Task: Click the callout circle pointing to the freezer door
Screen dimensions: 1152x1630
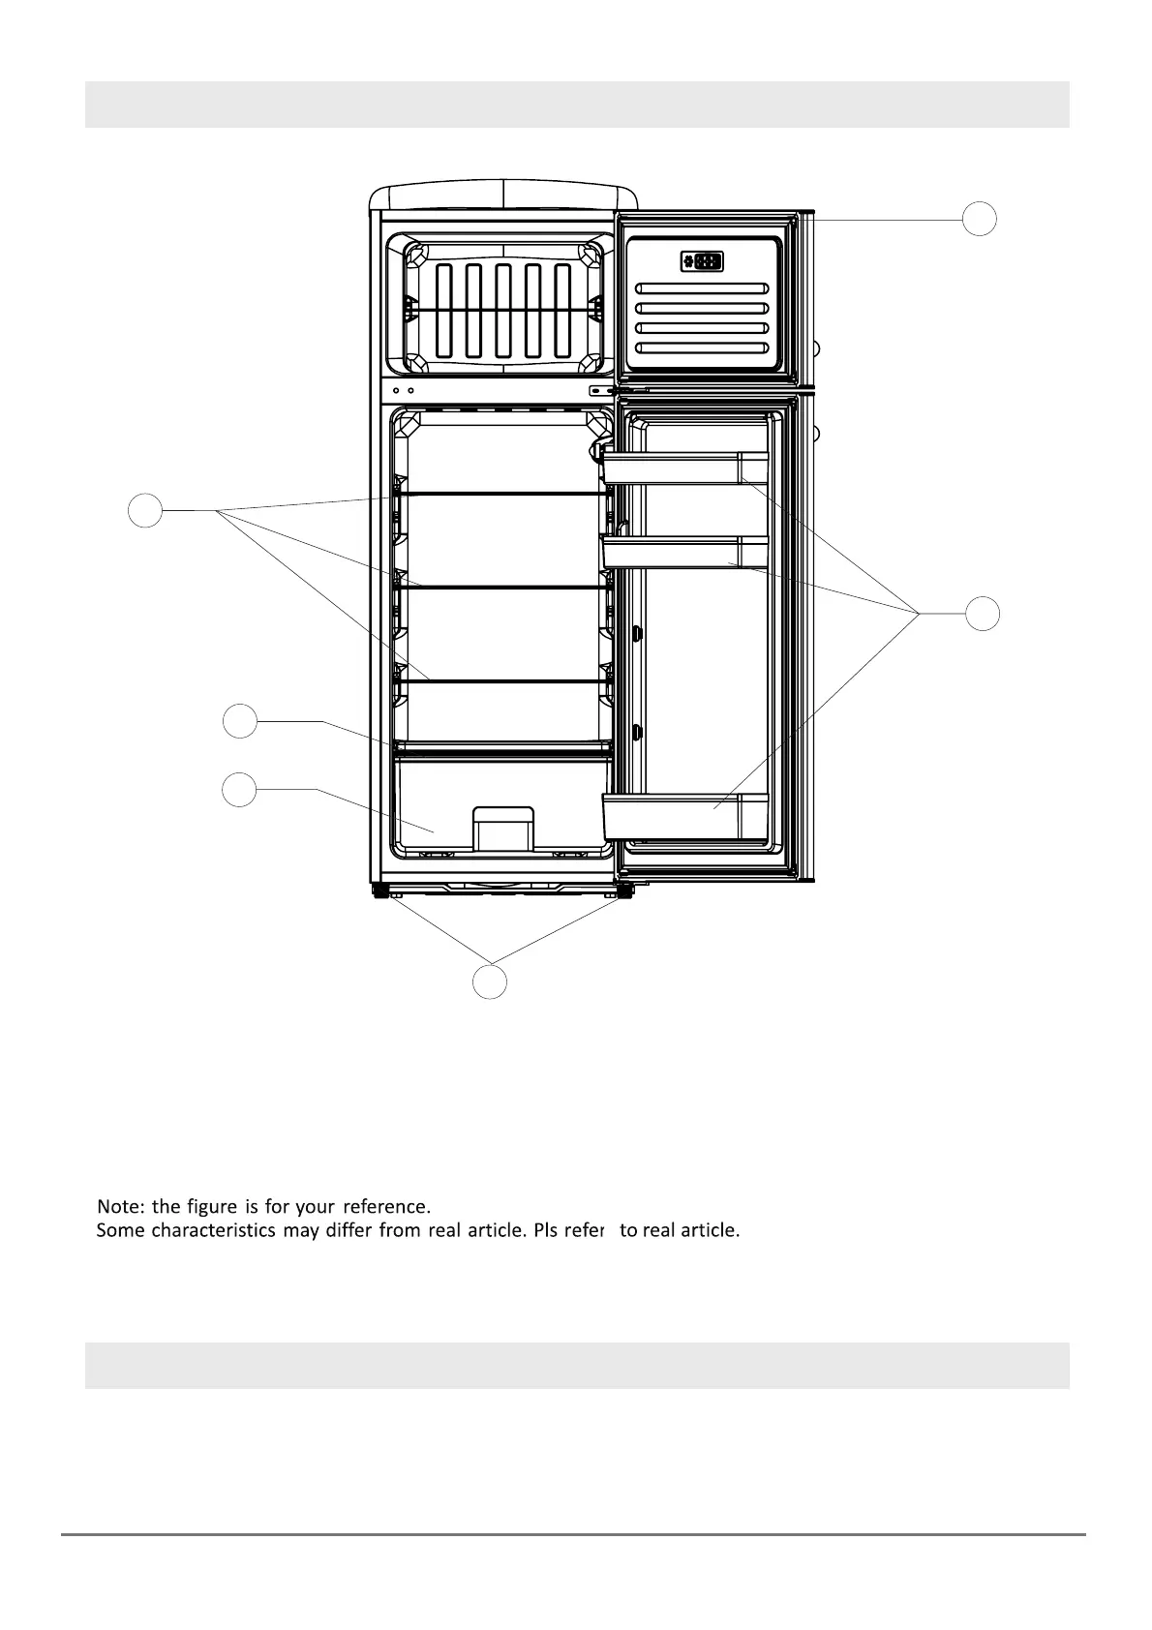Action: (980, 219)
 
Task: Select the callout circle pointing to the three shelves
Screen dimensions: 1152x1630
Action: (145, 510)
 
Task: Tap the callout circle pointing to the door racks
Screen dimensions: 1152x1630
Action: (983, 614)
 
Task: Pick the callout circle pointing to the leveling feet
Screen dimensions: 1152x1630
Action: (490, 981)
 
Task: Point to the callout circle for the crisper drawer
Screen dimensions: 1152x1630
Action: (239, 790)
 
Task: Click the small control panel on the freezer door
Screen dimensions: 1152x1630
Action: (702, 261)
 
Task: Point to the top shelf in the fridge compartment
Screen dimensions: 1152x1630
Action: (502, 494)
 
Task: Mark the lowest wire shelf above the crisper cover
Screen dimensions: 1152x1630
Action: (502, 680)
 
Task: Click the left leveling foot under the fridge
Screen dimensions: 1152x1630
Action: (378, 890)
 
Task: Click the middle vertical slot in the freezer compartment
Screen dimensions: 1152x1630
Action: (503, 310)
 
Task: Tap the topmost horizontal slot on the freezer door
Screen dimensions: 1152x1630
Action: (704, 288)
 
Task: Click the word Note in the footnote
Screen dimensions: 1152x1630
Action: (120, 1206)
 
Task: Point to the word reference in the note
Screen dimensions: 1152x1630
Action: (385, 1206)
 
